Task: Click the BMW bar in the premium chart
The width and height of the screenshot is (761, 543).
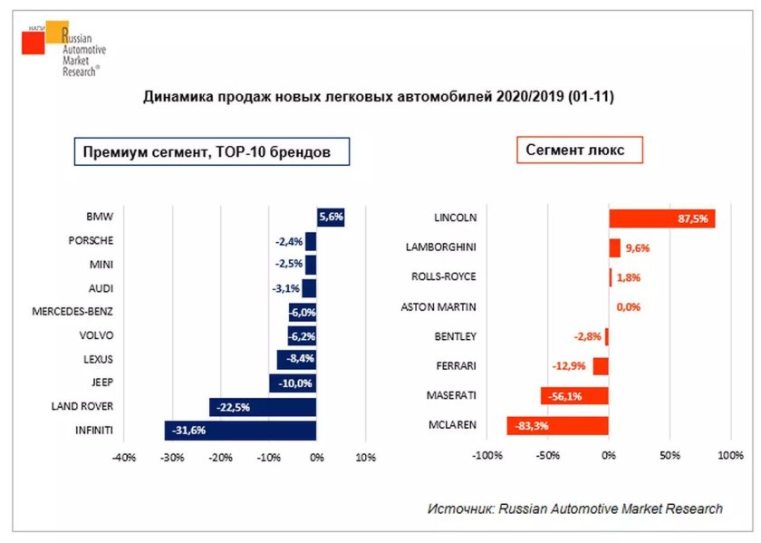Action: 331,218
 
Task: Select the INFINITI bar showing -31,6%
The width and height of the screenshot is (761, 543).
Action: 240,430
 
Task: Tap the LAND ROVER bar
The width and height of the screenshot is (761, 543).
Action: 263,406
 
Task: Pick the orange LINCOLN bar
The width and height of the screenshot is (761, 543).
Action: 661,218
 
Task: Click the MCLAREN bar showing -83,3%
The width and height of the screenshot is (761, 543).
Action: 557,425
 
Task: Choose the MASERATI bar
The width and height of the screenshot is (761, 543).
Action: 574,396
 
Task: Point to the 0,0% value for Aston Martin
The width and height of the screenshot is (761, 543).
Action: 628,307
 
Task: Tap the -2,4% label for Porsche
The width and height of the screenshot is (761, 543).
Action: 289,242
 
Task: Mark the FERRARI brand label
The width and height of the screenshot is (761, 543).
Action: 455,365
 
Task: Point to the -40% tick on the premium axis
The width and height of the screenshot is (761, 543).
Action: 123,458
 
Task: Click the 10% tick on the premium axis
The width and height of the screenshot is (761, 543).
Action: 365,458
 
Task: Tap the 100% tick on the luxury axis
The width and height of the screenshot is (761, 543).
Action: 730,455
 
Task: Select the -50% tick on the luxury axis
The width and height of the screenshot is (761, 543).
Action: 547,455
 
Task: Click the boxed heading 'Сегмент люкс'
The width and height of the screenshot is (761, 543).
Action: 580,150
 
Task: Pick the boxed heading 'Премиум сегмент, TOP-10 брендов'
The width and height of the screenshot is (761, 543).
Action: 212,152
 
